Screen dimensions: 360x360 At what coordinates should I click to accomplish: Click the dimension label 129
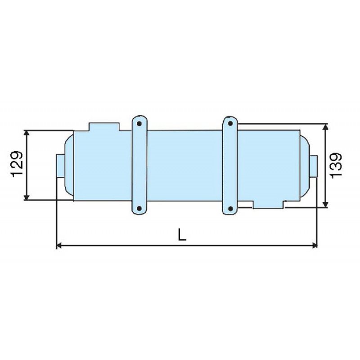[x=17, y=164]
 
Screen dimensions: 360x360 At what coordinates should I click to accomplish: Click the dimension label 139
[x=336, y=165]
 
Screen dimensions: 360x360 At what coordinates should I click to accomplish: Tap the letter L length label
[x=182, y=235]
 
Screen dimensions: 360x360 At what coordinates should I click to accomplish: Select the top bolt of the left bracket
[x=139, y=124]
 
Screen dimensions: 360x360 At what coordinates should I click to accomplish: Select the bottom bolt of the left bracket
[x=139, y=208]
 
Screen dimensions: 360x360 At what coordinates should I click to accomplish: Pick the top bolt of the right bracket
[x=230, y=124]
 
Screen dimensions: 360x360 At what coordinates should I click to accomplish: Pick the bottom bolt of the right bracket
[x=230, y=208]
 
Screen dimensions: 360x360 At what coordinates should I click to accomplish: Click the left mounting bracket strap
[x=139, y=165]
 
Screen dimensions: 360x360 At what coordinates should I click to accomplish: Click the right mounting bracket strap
[x=230, y=165]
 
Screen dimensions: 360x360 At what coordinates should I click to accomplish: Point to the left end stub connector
[x=61, y=166]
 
